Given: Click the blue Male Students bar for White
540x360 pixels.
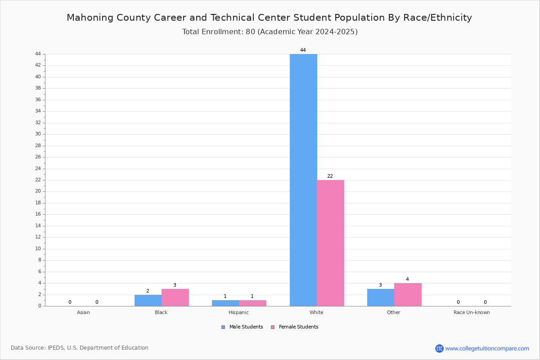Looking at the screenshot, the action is (x=303, y=180).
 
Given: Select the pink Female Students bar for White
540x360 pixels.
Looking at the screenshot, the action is (x=330, y=243).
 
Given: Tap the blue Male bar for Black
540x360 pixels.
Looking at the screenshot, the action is (x=148, y=301).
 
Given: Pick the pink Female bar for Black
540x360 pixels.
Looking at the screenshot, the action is (x=175, y=297).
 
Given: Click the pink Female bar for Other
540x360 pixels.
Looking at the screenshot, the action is (x=408, y=295).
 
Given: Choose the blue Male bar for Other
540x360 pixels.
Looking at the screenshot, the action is (x=381, y=297).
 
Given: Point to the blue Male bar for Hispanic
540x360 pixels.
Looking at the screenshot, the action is (x=225, y=303).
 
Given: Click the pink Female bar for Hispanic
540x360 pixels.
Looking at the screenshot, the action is (x=252, y=303).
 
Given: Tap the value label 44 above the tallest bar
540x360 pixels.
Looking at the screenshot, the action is (x=303, y=50).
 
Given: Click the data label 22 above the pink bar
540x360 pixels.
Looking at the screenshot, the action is (x=330, y=176).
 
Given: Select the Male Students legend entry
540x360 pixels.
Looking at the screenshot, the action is (x=242, y=327).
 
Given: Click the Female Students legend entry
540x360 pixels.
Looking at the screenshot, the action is (x=294, y=327).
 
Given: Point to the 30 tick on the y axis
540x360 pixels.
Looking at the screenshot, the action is (x=38, y=134).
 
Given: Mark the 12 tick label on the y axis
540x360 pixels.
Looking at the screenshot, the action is (x=38, y=237).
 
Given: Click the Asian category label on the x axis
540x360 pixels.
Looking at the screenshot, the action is (x=83, y=312).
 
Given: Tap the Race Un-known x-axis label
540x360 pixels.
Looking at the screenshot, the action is (x=472, y=312).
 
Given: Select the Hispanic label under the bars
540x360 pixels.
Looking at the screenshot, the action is (x=238, y=312).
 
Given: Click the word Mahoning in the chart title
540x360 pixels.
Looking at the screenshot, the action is (x=90, y=18).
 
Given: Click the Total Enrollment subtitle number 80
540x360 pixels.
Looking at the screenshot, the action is (x=250, y=32).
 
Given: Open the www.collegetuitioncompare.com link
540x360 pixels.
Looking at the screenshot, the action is (x=487, y=349).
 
